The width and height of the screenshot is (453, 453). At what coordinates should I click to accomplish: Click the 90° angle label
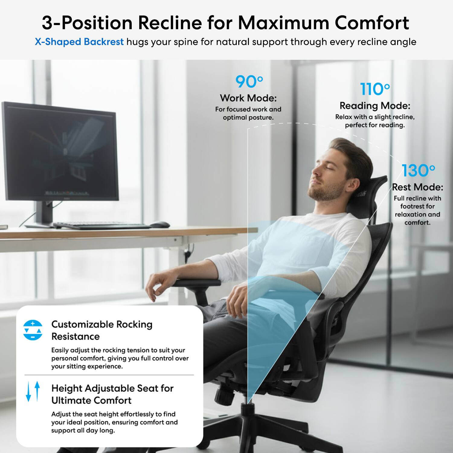[x=249, y=82]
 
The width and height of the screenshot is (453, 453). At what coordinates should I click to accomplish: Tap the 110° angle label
[x=375, y=89]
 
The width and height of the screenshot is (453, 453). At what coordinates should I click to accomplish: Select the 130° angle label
[x=418, y=171]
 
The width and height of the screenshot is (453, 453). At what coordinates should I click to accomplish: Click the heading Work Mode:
[x=248, y=98]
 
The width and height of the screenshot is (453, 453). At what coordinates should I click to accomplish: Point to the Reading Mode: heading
[x=375, y=106]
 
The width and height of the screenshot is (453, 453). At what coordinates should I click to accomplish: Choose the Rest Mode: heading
[x=417, y=187]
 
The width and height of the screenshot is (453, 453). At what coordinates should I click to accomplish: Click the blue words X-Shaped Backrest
[x=79, y=42]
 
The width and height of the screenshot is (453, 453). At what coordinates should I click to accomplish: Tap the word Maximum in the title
[x=283, y=23]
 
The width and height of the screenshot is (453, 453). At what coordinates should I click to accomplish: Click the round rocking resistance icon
[x=33, y=330]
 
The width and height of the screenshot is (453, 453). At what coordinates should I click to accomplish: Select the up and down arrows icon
[x=33, y=391]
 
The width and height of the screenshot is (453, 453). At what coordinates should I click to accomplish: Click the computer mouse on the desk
[x=160, y=224]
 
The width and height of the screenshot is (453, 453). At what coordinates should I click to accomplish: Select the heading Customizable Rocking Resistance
[x=102, y=330]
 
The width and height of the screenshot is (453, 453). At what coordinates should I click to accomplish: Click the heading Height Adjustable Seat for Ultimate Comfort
[x=112, y=394]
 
